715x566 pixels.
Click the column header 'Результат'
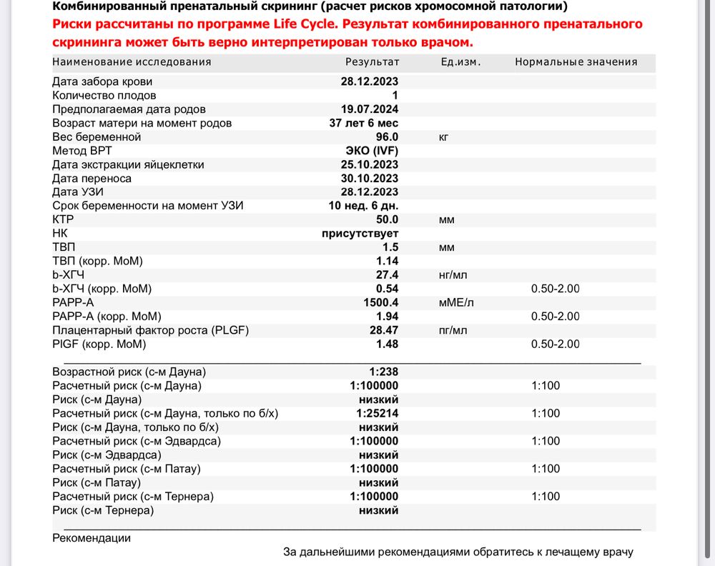click(x=372, y=61)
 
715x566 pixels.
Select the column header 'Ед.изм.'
click(x=460, y=61)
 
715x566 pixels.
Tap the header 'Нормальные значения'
click(x=576, y=61)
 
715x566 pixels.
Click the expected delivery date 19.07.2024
click(x=370, y=109)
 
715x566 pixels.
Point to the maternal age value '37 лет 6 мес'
click(x=363, y=123)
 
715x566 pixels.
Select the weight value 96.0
click(x=385, y=136)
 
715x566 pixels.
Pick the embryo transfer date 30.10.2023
click(x=370, y=179)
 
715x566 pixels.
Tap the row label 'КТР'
click(x=64, y=220)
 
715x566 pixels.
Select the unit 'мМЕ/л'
click(x=456, y=303)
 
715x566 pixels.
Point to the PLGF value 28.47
click(x=383, y=331)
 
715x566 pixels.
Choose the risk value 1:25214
click(x=378, y=413)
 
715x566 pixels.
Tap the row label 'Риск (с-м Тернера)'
click(x=103, y=510)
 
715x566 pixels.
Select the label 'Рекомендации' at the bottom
click(x=92, y=538)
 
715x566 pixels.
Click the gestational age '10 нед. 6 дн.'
click(x=363, y=206)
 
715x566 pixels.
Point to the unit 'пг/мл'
click(x=453, y=331)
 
